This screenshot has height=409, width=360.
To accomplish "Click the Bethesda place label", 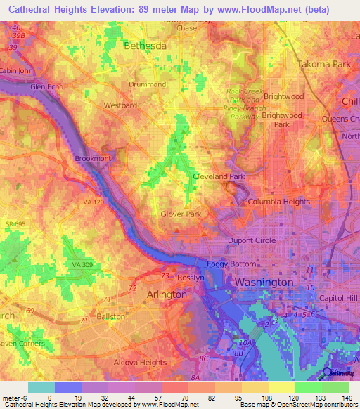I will click(146, 46).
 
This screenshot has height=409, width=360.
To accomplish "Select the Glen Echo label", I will click(46, 86).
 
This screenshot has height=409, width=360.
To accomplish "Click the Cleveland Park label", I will click(218, 176).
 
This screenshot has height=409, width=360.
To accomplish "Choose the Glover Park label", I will click(181, 214).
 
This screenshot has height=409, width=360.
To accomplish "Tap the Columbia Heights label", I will click(278, 202).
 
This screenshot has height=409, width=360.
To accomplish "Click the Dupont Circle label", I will click(251, 240).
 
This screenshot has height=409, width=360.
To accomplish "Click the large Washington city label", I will click(264, 282).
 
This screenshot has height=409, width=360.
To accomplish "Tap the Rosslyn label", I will click(190, 278).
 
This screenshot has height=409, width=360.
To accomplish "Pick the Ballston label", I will click(110, 316).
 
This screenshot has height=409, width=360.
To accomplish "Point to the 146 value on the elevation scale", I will click(347, 397).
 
